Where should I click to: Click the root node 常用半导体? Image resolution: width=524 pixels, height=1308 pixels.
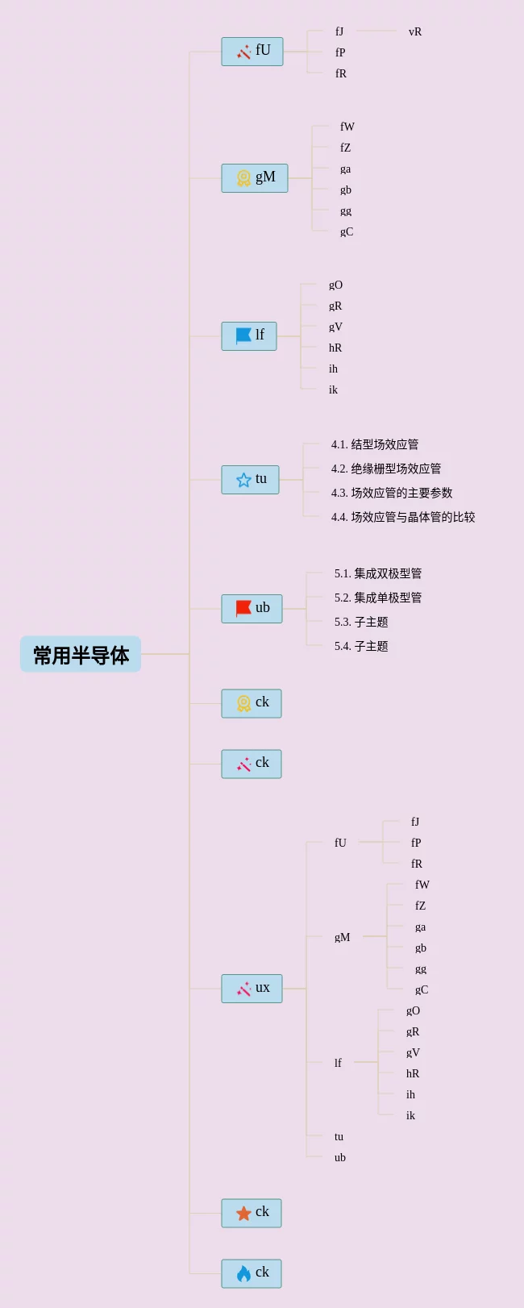click(81, 654)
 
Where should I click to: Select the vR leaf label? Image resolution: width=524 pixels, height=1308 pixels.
click(415, 32)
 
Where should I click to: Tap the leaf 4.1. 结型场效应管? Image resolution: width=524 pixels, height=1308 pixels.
click(374, 444)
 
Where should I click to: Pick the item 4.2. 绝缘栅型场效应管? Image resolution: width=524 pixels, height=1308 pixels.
click(385, 469)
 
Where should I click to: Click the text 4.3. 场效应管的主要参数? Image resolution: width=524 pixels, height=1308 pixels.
click(391, 493)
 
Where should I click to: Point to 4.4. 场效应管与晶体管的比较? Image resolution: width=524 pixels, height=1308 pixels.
click(402, 517)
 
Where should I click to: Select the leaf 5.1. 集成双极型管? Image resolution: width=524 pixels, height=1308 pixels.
click(377, 573)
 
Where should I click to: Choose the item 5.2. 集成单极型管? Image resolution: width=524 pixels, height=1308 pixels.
click(377, 598)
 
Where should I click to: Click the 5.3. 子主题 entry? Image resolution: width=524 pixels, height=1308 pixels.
click(361, 622)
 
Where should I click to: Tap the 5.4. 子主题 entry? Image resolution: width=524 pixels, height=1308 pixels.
click(361, 646)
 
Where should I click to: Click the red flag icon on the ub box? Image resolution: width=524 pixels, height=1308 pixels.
click(243, 609)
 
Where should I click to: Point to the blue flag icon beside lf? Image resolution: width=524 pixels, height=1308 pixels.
click(243, 335)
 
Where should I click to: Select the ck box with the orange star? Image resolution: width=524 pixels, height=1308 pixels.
click(252, 1213)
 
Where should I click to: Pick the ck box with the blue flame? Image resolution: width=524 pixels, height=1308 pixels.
click(252, 1273)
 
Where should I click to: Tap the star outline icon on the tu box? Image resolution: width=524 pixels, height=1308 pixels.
click(243, 480)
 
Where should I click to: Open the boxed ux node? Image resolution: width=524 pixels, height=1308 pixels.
click(252, 989)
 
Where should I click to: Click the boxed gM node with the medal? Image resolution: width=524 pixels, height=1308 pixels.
click(255, 178)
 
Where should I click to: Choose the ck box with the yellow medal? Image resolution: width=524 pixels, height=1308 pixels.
click(252, 703)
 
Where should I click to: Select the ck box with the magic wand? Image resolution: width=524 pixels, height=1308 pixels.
click(252, 764)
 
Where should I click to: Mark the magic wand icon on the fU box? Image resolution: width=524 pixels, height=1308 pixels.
click(243, 52)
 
